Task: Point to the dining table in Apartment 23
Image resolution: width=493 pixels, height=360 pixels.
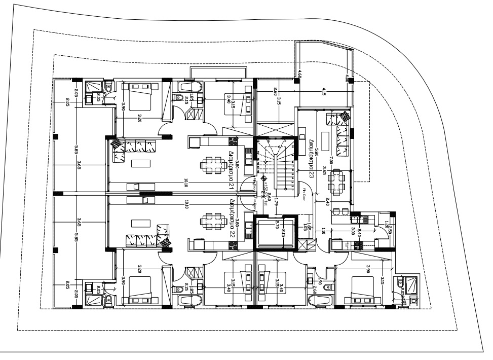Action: [336, 181]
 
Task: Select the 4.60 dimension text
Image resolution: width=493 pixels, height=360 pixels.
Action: [300, 74]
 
